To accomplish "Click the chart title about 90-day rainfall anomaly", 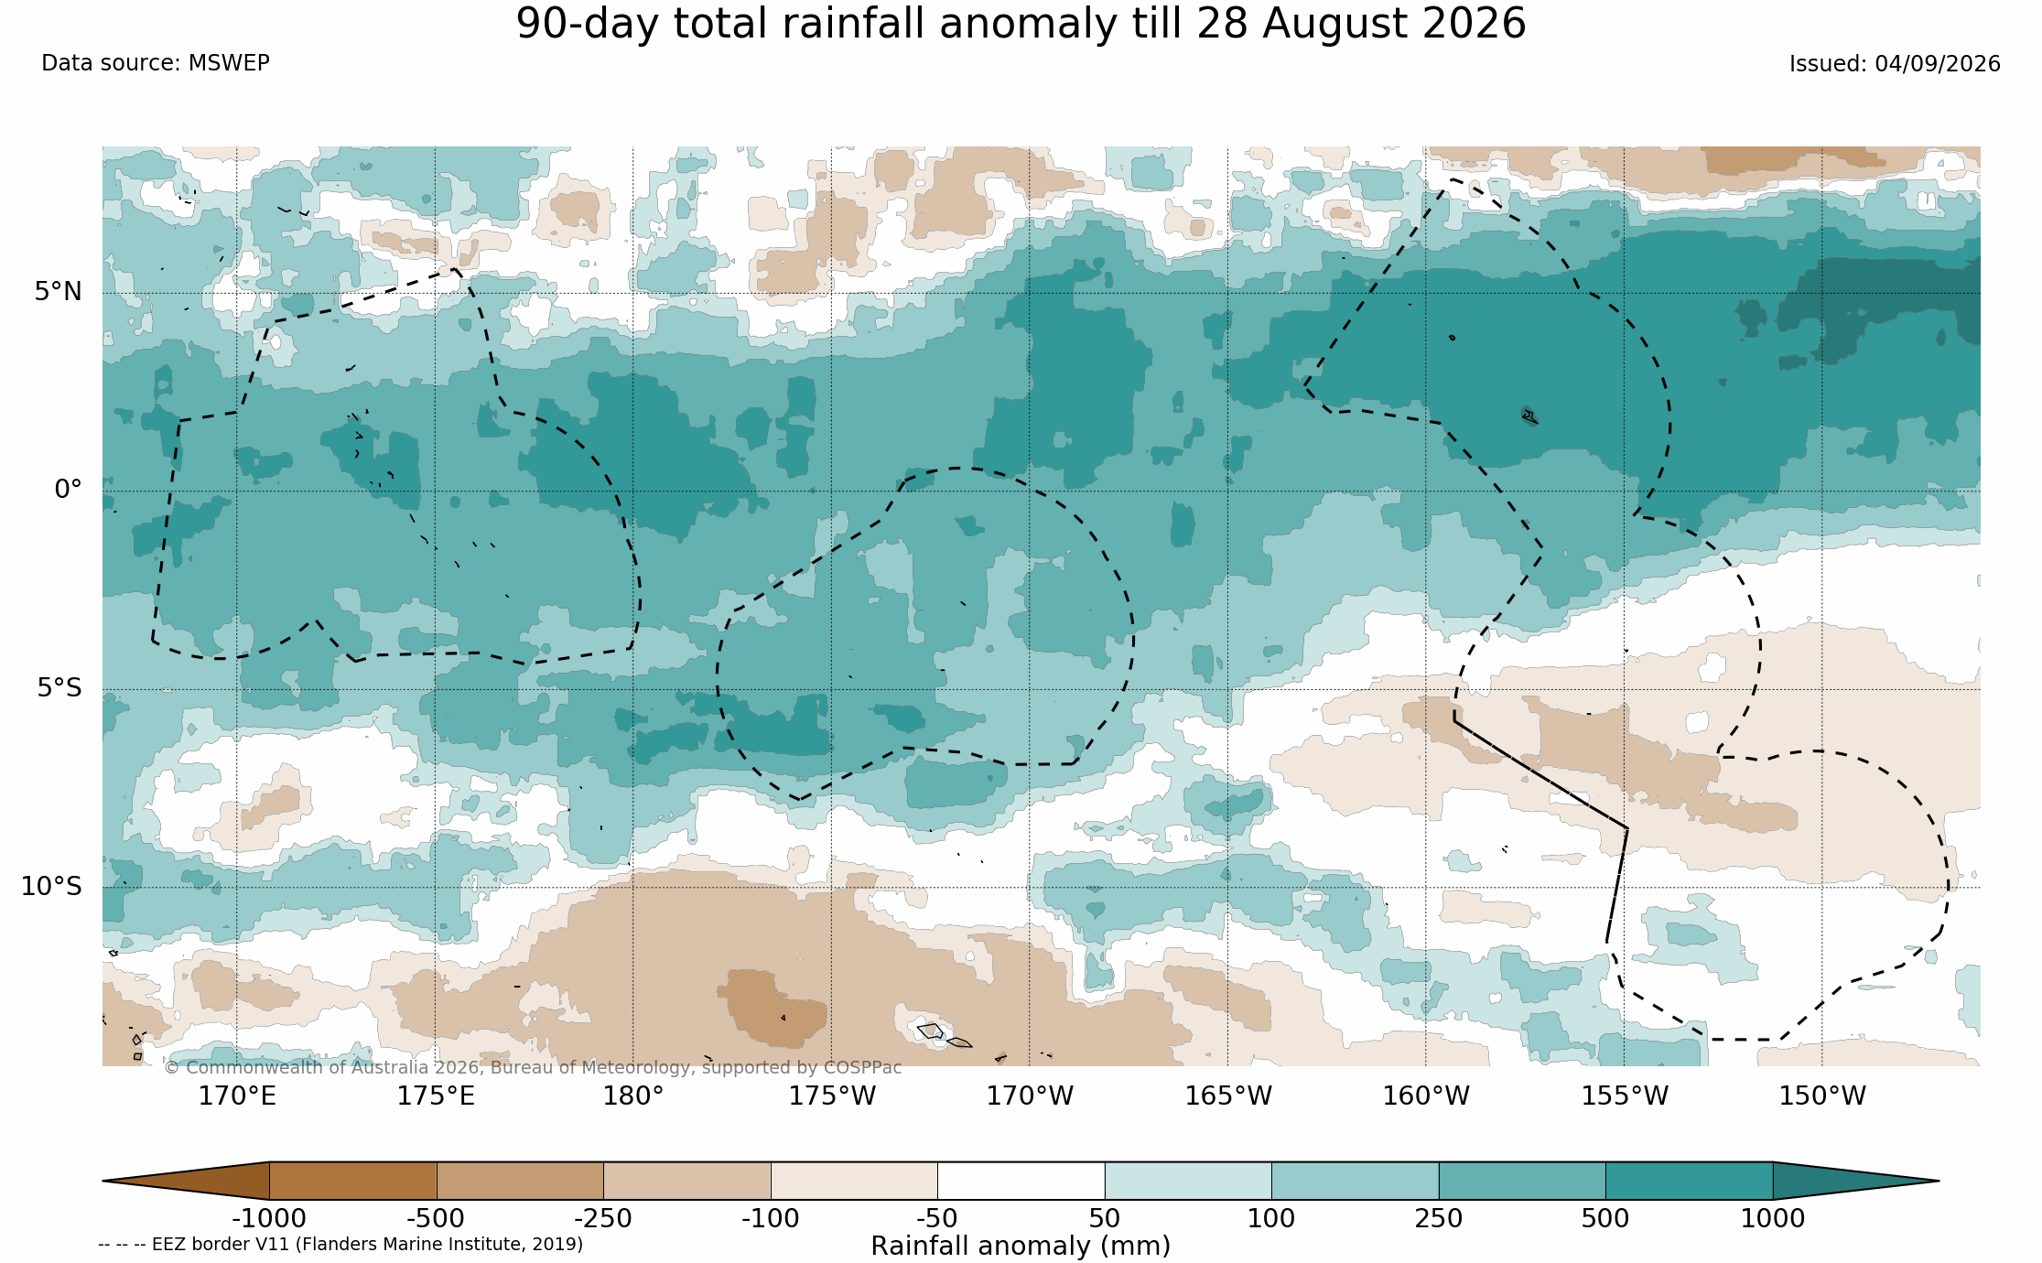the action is click(x=1021, y=24).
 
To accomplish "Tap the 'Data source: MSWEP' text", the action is click(x=156, y=63).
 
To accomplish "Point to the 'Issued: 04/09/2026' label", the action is click(x=1895, y=64).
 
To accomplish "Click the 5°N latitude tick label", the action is click(x=59, y=292).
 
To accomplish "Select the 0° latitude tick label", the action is click(x=69, y=490).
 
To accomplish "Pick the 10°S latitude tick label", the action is click(x=51, y=887).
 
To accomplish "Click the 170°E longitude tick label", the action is click(x=237, y=1096).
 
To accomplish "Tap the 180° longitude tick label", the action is click(x=632, y=1096).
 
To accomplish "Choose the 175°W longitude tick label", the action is click(x=832, y=1096).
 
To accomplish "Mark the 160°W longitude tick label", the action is click(x=1426, y=1096).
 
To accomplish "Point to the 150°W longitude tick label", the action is click(x=1822, y=1096).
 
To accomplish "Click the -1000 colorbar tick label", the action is click(x=269, y=1219).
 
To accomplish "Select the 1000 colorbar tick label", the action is click(x=1773, y=1219).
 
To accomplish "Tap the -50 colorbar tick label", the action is click(x=937, y=1219).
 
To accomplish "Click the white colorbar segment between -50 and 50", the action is click(x=1021, y=1181).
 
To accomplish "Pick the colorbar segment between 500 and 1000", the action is click(x=1689, y=1181).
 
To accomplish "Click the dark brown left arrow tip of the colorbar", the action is click(x=104, y=1181).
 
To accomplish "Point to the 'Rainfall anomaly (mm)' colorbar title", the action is click(x=1021, y=1247).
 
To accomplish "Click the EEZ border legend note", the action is click(x=340, y=1245).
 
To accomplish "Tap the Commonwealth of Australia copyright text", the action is click(x=533, y=1068).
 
